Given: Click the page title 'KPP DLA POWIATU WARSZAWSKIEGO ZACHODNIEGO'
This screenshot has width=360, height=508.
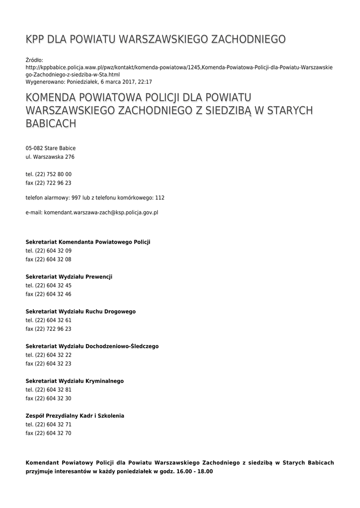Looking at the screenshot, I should (155, 39).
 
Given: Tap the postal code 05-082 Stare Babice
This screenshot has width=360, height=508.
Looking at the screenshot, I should (51, 148).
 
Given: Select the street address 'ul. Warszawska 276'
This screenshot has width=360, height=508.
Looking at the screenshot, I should (50, 157).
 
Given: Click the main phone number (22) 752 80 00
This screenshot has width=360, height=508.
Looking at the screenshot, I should (49, 174).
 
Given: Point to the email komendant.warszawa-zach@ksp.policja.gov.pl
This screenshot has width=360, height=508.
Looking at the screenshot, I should (92, 212).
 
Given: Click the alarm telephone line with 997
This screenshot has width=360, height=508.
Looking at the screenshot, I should (95, 197).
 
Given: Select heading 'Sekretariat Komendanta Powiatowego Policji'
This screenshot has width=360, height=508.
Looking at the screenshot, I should (88, 242).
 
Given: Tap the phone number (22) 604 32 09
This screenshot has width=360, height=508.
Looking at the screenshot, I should (49, 251).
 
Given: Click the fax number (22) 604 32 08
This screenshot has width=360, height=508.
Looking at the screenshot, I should (49, 259).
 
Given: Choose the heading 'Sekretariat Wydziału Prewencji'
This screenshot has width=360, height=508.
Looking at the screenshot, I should (69, 277).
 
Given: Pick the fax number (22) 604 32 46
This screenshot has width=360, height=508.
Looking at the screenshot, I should (49, 294).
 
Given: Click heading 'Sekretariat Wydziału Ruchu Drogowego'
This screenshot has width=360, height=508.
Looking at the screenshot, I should (80, 312).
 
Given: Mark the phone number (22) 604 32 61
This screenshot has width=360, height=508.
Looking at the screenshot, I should (49, 320).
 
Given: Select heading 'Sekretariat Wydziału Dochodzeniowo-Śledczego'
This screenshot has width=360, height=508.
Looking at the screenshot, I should (92, 346).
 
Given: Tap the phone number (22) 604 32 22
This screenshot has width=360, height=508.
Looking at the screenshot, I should (49, 355).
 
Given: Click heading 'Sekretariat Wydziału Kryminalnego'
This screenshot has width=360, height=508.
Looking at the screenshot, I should (74, 381).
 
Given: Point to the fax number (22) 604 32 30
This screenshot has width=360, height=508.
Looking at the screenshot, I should (49, 398).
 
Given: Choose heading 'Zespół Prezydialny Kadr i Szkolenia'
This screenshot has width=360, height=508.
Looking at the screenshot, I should (75, 416).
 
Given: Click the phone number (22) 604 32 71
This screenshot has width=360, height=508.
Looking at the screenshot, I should (49, 425).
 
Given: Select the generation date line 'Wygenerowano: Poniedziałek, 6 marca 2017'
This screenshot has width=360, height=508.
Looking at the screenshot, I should (89, 82).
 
